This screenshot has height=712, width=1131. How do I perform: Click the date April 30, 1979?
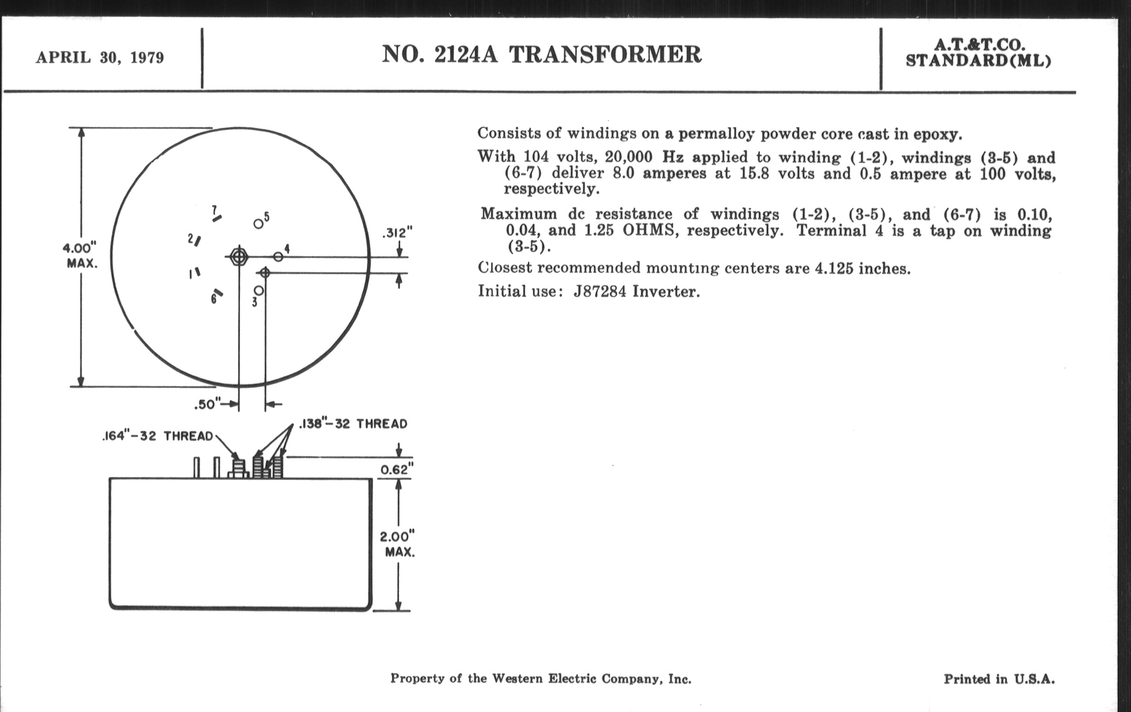[x=100, y=58]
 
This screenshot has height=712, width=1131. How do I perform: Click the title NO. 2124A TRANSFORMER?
[x=541, y=54]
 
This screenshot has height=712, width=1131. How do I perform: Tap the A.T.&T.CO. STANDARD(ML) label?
[x=979, y=53]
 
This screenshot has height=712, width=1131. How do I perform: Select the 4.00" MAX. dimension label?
[x=81, y=255]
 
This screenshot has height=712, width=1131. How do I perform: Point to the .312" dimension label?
[x=397, y=233]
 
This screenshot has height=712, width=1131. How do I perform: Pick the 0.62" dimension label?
[x=397, y=469]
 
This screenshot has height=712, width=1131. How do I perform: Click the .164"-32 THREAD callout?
[x=157, y=436]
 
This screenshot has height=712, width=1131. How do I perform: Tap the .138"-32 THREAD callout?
[x=353, y=424]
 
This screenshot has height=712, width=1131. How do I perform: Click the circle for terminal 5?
[x=258, y=224]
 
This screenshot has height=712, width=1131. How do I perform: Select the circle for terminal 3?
[x=258, y=291]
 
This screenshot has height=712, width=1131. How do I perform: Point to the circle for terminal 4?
[x=278, y=256]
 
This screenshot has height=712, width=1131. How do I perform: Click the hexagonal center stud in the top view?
[x=239, y=256]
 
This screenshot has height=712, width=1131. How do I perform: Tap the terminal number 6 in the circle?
[x=214, y=299]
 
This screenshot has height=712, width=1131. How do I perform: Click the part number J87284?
[x=600, y=291]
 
